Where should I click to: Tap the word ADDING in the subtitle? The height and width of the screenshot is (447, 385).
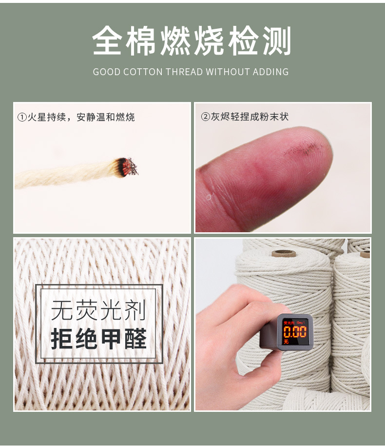pyautogui.click(x=272, y=72)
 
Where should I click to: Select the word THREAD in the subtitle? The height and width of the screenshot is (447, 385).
pyautogui.click(x=184, y=72)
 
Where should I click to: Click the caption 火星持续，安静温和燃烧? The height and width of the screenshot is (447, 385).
pyautogui.click(x=81, y=117)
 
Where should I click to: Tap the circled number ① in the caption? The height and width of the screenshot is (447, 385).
pyautogui.click(x=21, y=117)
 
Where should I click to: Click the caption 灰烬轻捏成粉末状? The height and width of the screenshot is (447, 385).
pyautogui.click(x=249, y=117)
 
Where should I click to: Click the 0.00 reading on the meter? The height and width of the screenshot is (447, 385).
pyautogui.click(x=295, y=332)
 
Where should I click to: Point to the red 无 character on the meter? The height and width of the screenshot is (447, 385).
pyautogui.click(x=287, y=342)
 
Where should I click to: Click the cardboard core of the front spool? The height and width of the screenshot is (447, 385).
pyautogui.click(x=284, y=253)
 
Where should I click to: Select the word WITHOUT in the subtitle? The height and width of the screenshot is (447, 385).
pyautogui.click(x=228, y=72)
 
